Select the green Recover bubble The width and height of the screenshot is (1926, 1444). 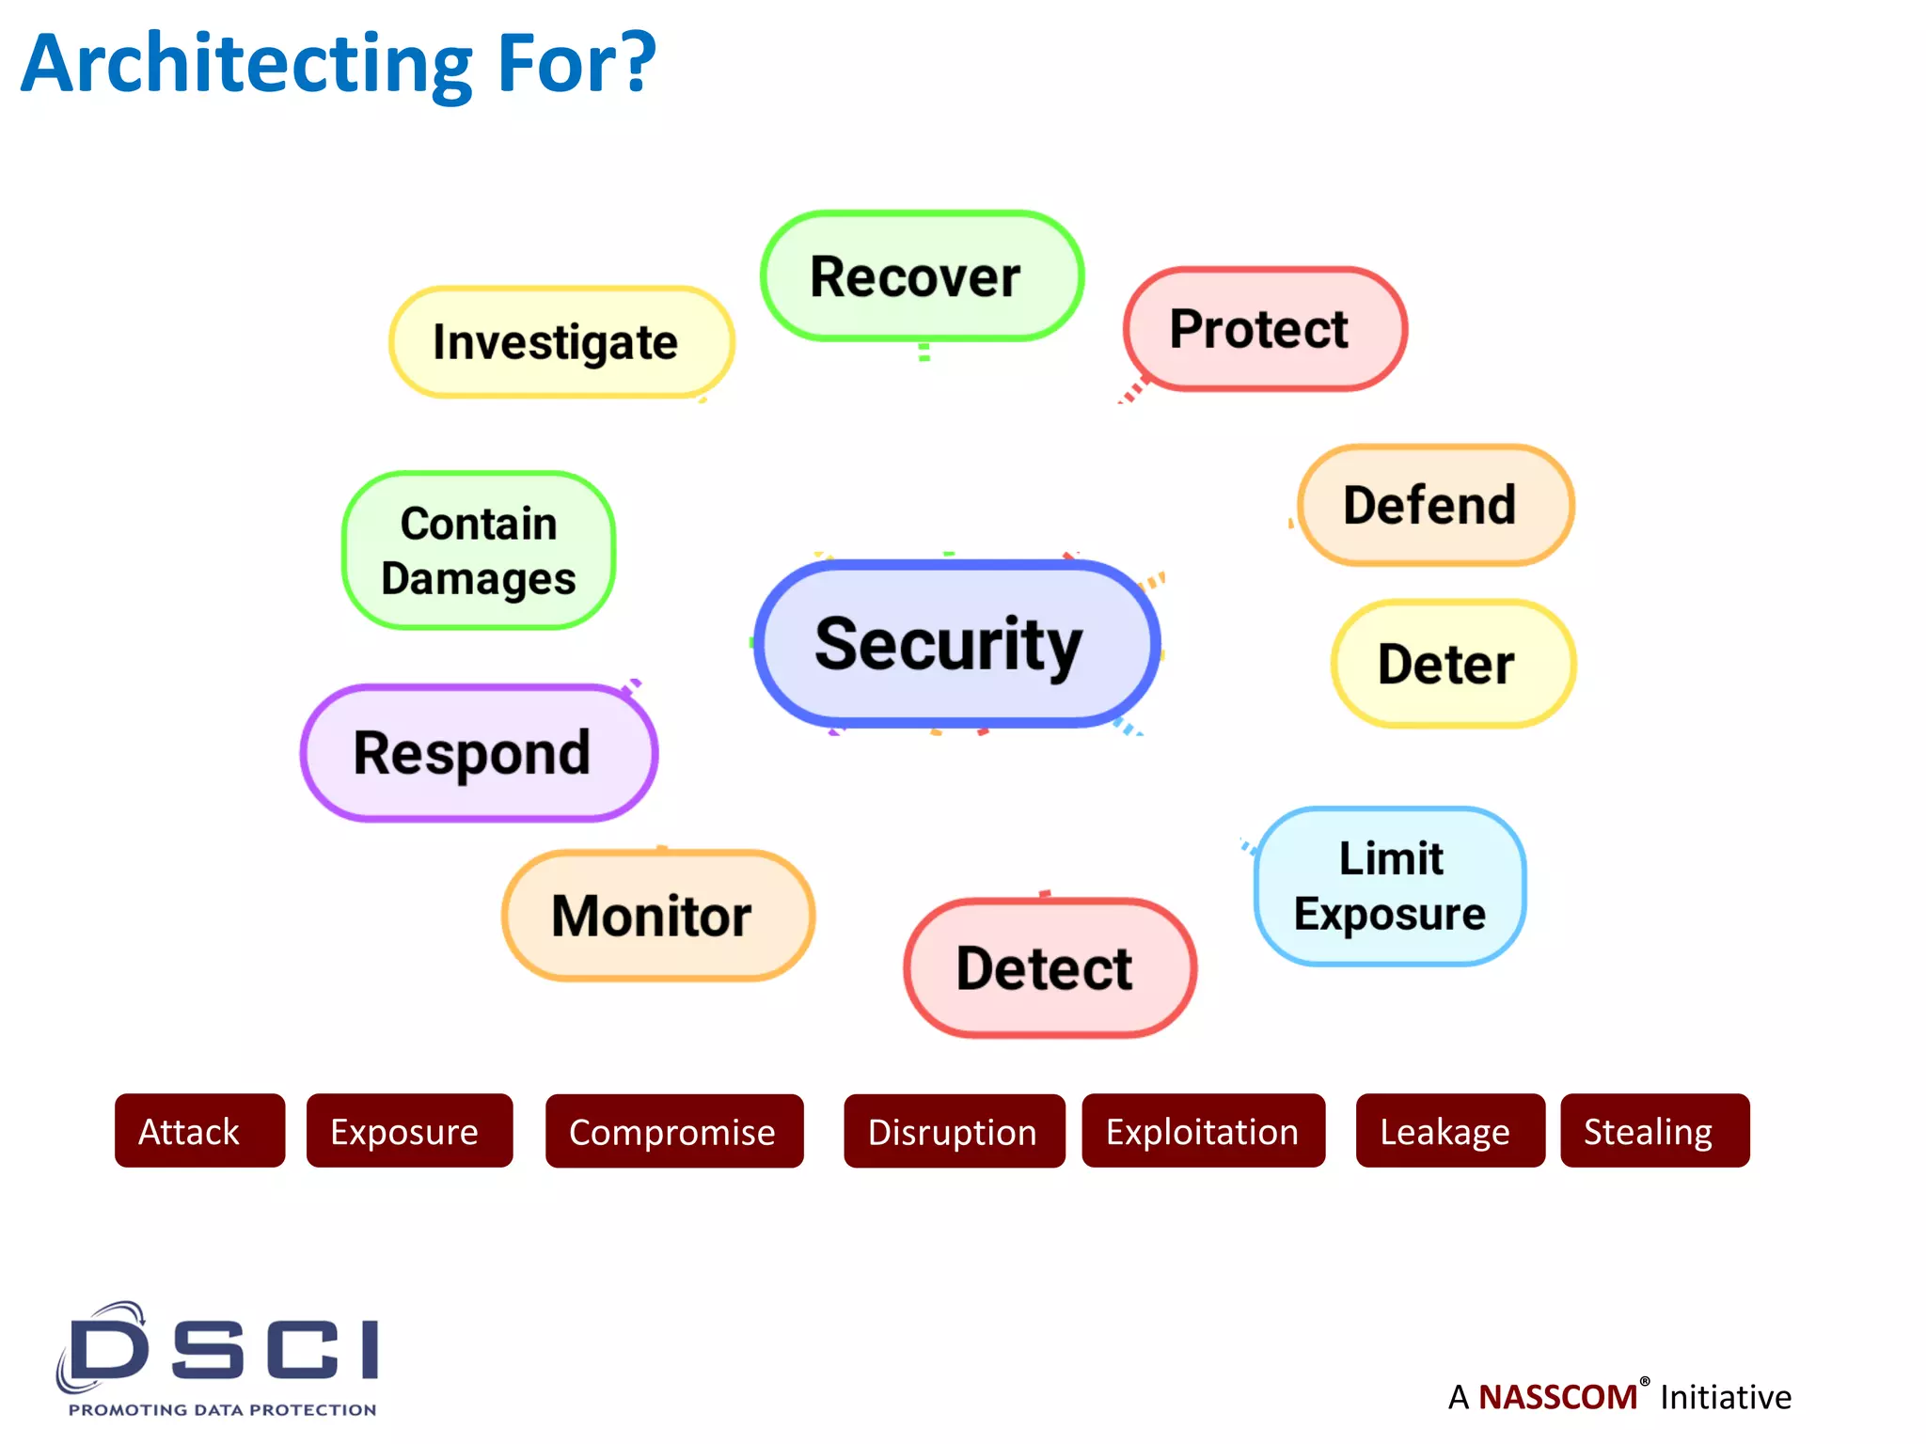tap(921, 276)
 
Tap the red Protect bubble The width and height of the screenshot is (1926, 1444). tap(1264, 329)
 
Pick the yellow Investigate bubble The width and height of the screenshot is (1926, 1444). tap(560, 342)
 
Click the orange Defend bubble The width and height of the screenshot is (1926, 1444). tap(1434, 505)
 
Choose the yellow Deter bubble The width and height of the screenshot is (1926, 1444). tap(1452, 664)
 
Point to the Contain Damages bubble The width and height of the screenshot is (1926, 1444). tap(479, 551)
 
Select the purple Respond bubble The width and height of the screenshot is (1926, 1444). tap(478, 753)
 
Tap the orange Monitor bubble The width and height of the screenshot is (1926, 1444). tap(657, 916)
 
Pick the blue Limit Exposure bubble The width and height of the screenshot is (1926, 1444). tap(1389, 887)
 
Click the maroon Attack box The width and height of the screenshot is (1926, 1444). tap(199, 1131)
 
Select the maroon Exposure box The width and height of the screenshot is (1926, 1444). tap(409, 1131)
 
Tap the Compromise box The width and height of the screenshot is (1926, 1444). tap(673, 1131)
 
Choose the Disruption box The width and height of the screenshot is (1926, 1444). tap(954, 1131)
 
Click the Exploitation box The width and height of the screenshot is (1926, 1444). tap(1203, 1131)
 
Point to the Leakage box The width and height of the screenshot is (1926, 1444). tap(1449, 1131)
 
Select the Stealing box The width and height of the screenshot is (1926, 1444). tap(1654, 1131)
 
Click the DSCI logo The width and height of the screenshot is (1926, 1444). tap(219, 1358)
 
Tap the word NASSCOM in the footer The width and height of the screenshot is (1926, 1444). tap(1557, 1397)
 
